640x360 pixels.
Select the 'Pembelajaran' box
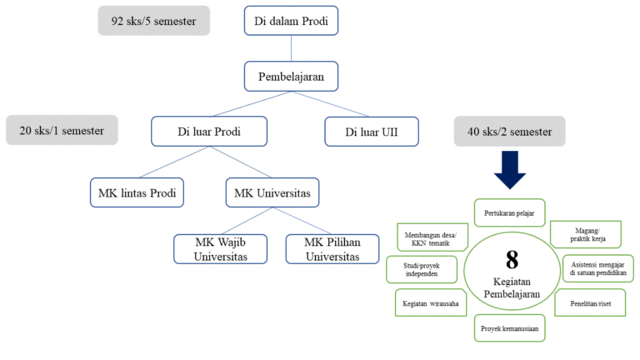point(290,77)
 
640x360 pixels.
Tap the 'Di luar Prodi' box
point(209,132)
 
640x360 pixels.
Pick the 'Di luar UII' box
point(371,132)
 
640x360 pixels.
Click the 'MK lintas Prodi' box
point(137,193)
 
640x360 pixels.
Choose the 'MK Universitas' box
point(272,193)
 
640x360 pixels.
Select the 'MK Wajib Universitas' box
point(222,248)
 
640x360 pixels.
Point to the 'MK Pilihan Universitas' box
point(332,248)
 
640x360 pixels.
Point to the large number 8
point(512,259)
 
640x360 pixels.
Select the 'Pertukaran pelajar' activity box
point(509,212)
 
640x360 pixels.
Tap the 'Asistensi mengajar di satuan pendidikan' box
point(597,268)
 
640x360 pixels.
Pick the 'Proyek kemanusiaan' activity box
point(509,328)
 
